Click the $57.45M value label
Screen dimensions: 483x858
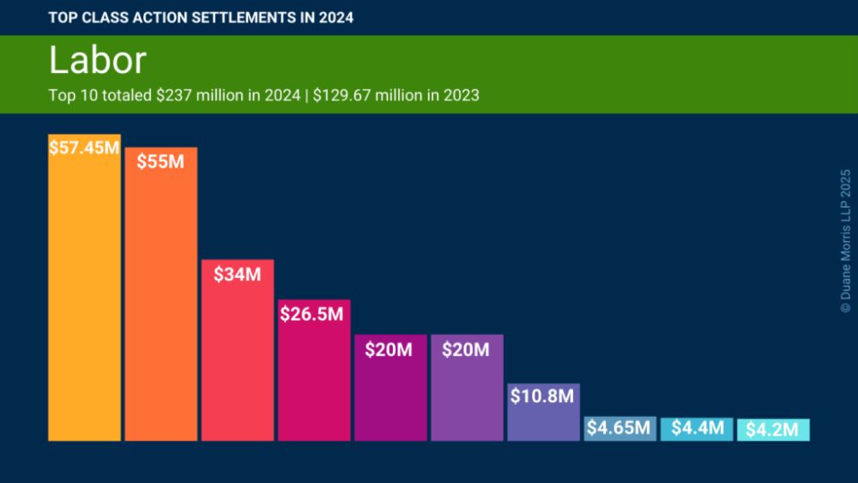click(x=84, y=148)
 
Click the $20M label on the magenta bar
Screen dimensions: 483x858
click(x=390, y=349)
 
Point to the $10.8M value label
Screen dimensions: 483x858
click(x=543, y=396)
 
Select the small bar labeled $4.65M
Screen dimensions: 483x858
click(x=619, y=428)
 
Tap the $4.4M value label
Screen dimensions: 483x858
click(x=696, y=427)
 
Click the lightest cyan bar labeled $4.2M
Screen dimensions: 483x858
click(x=772, y=430)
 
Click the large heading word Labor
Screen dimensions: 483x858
click(x=97, y=61)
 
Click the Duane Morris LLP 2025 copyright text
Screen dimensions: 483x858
click(x=845, y=239)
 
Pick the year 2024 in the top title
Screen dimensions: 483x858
click(x=335, y=17)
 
